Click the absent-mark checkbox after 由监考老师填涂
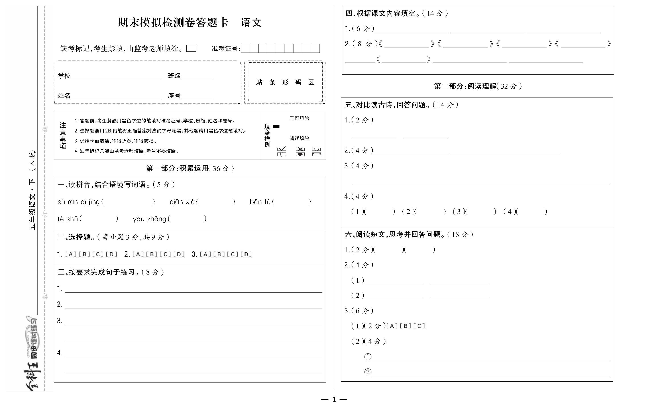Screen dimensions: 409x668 [191, 49]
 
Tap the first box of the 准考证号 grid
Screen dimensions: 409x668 [245, 49]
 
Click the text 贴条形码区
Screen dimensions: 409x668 [285, 82]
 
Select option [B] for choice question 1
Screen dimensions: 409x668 [84, 254]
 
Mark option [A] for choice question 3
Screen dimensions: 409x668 [206, 254]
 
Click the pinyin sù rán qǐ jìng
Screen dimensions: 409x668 [78, 202]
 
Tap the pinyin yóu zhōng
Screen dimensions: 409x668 [149, 219]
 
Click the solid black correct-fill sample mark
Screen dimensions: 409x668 [276, 127]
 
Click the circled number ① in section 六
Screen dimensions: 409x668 [368, 357]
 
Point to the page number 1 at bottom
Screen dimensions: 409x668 [334, 399]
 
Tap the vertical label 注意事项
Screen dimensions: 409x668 [63, 136]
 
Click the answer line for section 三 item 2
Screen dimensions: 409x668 [193, 306]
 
